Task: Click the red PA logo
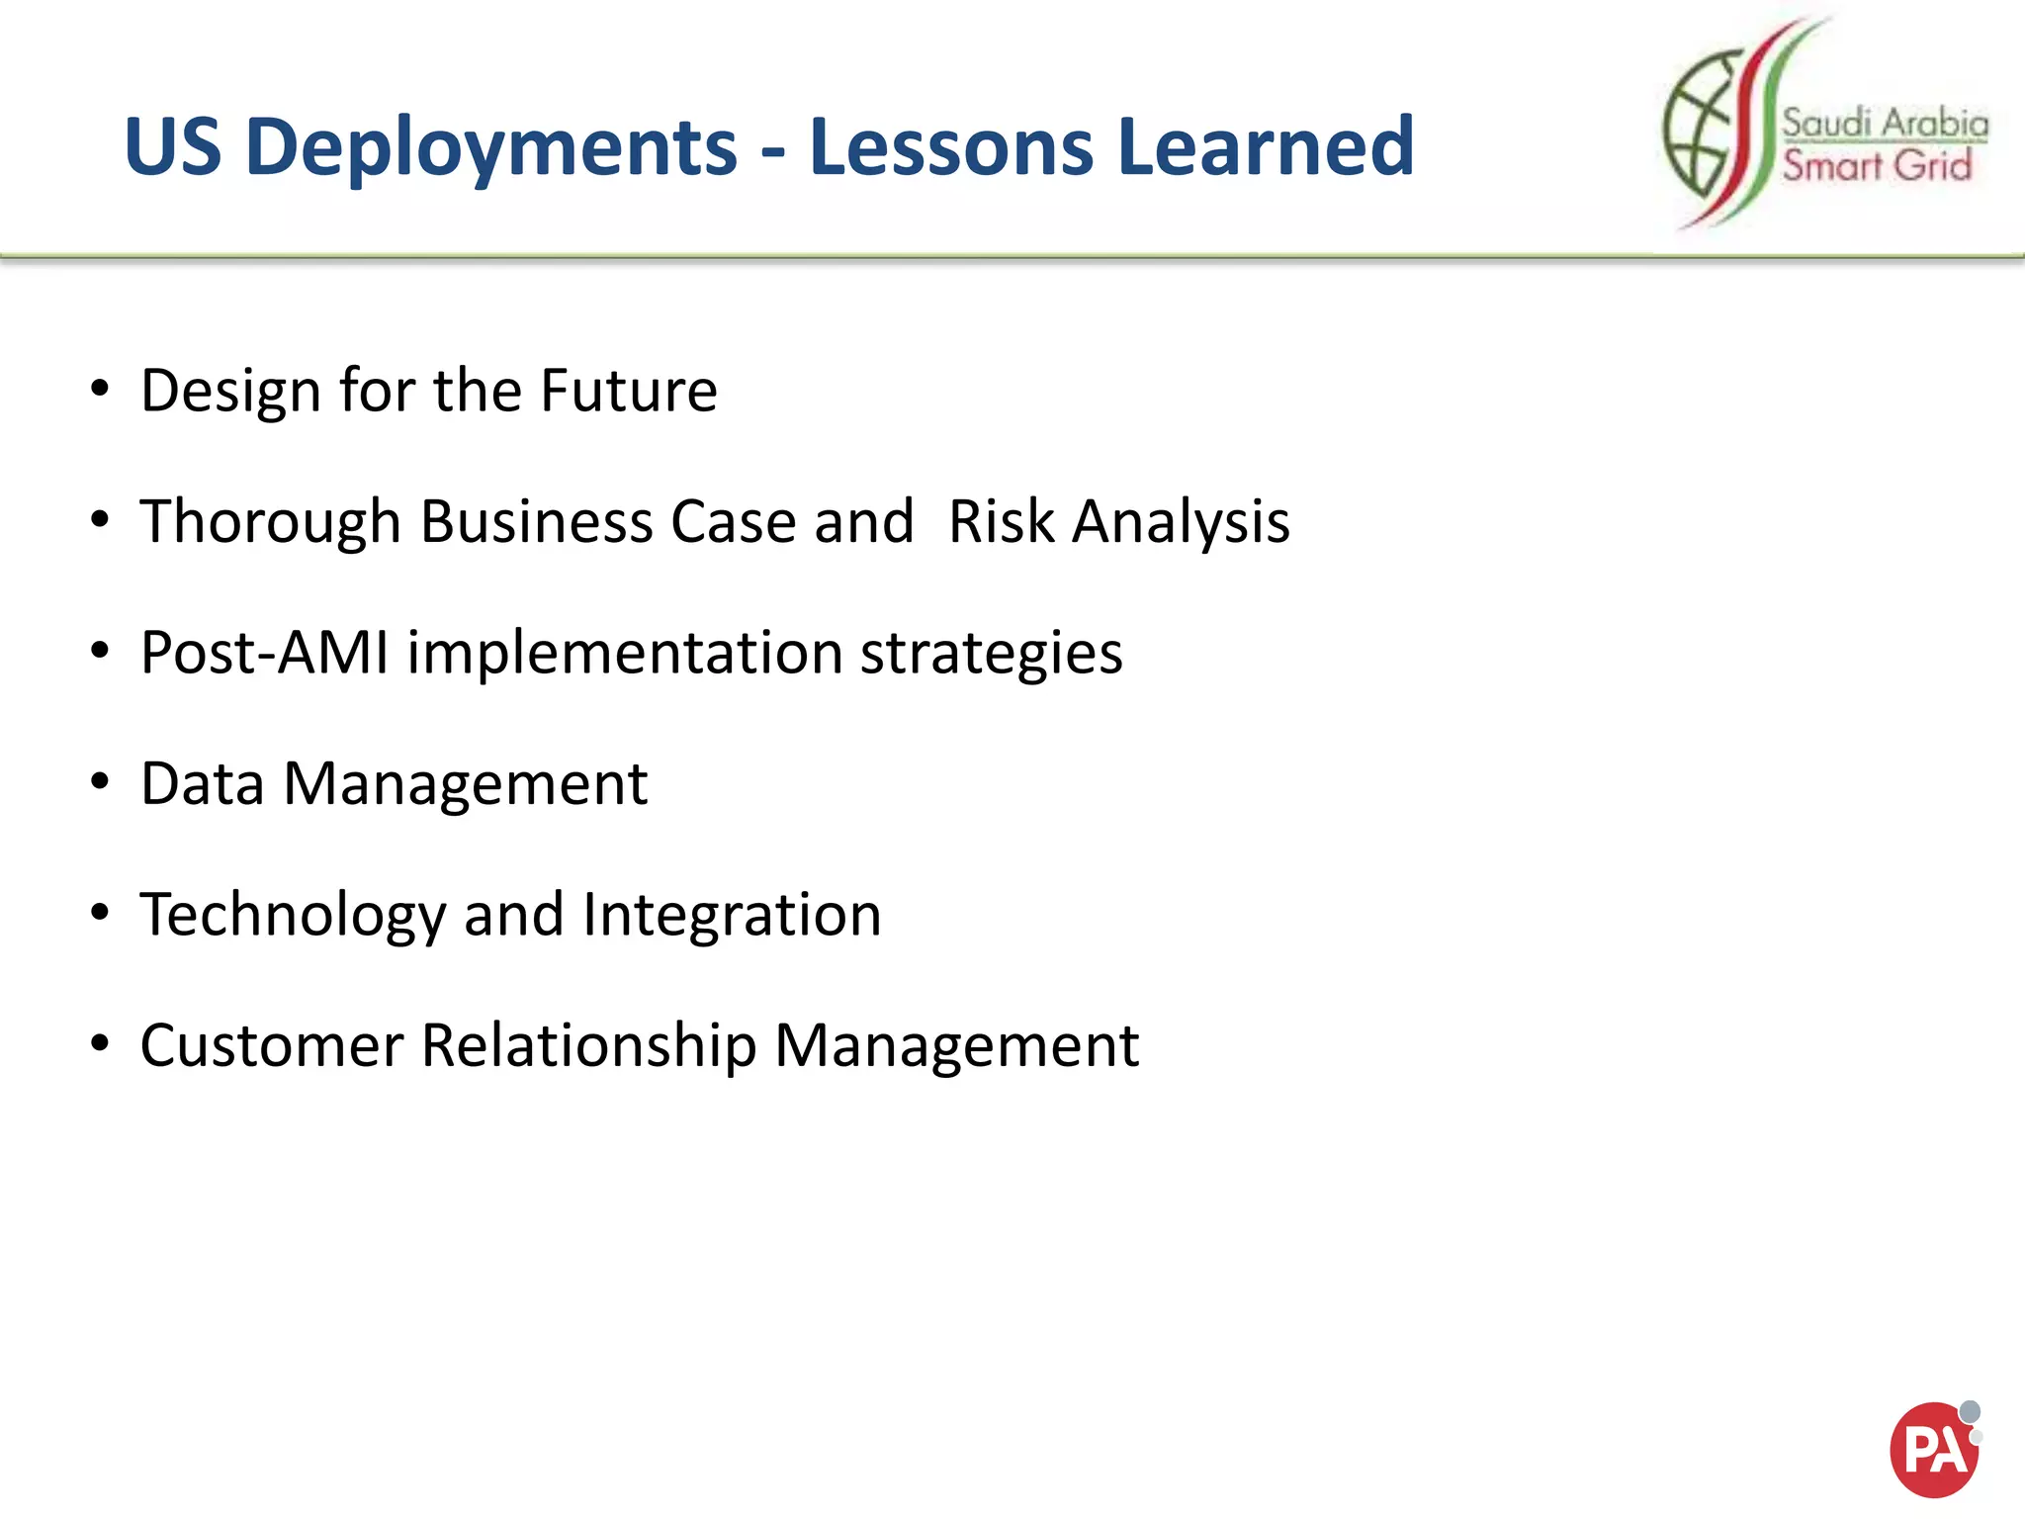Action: click(1933, 1450)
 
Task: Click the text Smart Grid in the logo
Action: click(1877, 165)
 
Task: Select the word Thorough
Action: click(270, 522)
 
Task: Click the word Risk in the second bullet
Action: click(1001, 522)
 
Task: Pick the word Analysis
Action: click(1182, 522)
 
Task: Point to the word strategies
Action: click(991, 654)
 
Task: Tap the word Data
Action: click(203, 784)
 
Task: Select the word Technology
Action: click(293, 916)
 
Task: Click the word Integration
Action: click(732, 916)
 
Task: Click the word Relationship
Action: click(588, 1046)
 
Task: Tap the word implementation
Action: click(624, 654)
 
